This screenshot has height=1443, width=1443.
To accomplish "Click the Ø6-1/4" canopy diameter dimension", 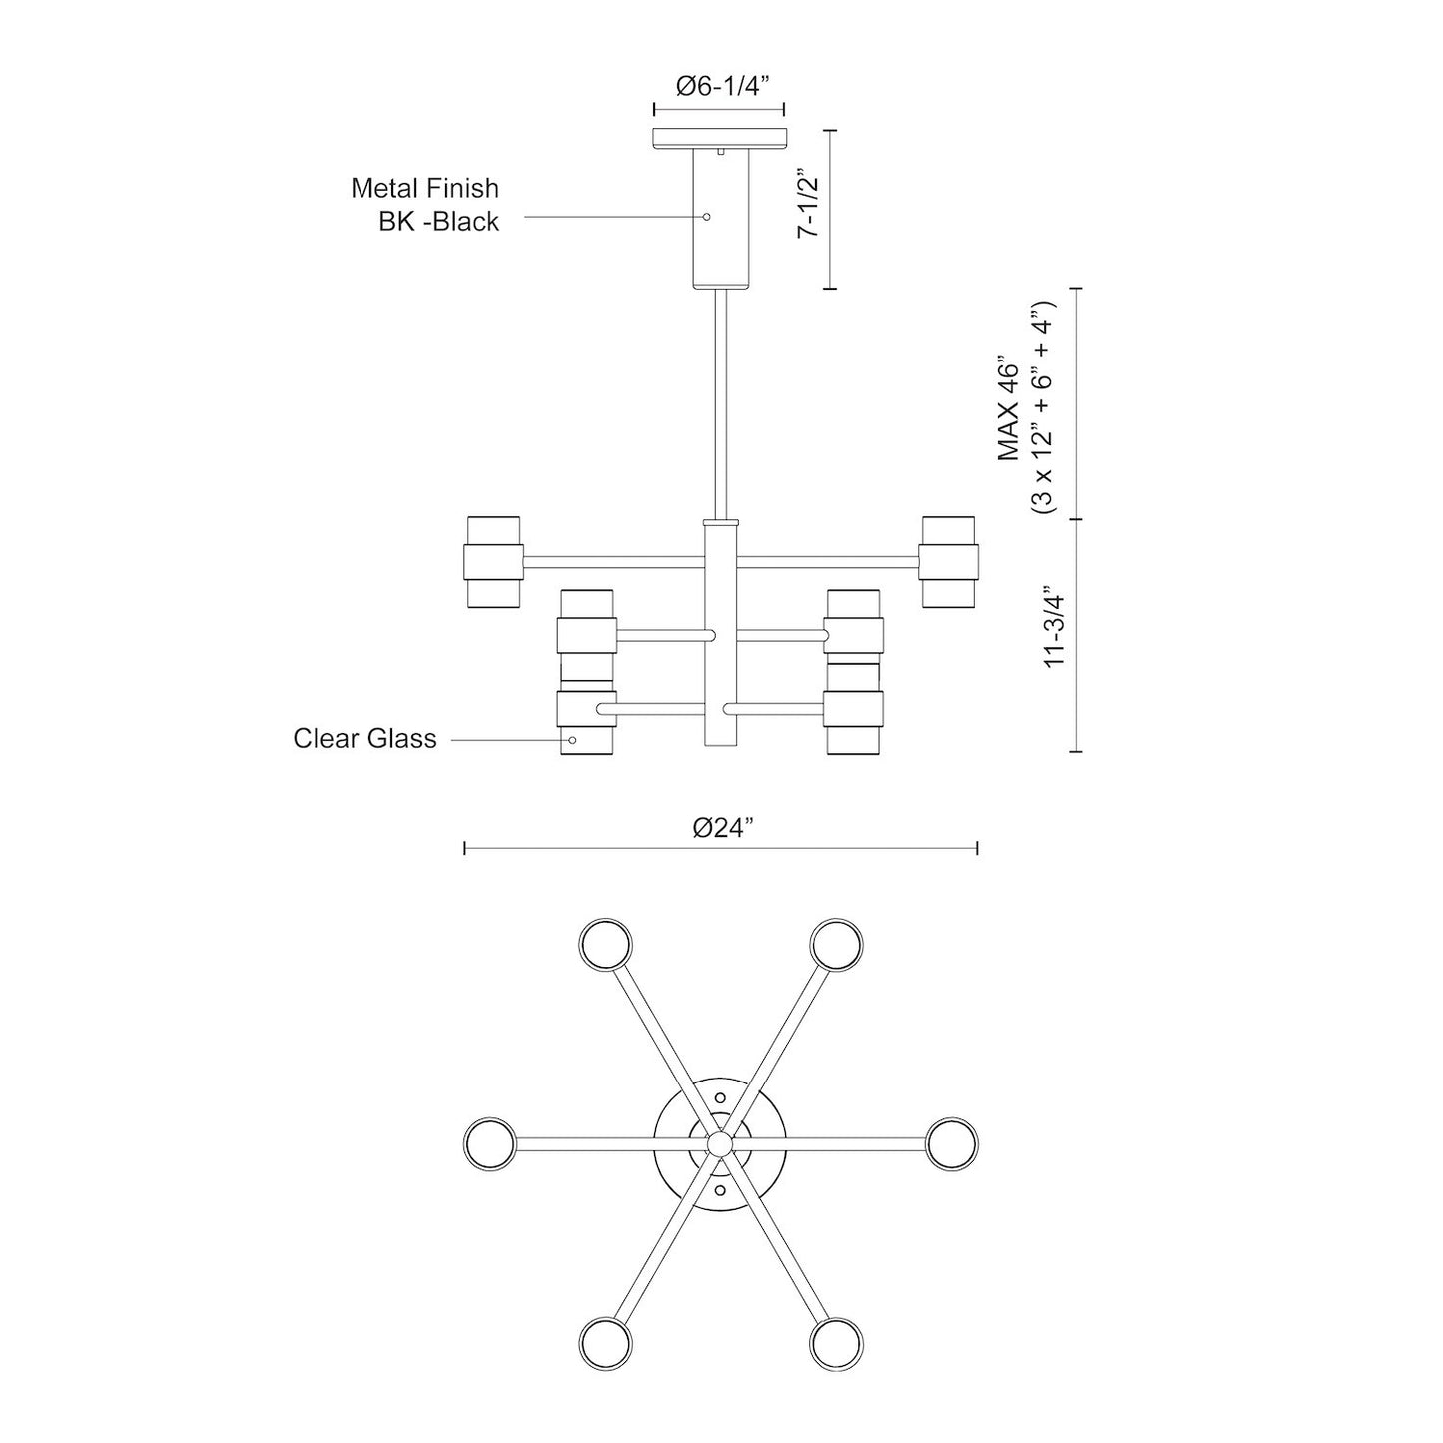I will (719, 86).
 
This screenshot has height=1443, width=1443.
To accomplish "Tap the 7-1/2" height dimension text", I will (807, 206).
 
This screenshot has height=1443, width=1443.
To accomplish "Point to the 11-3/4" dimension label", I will (1055, 632).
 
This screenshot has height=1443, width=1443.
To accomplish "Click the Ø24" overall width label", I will (721, 828).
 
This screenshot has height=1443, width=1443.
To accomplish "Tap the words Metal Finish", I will (424, 188).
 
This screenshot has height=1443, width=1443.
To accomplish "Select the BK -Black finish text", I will (438, 222).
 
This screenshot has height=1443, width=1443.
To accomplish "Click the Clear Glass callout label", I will (364, 739).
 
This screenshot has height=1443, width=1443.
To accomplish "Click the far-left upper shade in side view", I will (493, 561).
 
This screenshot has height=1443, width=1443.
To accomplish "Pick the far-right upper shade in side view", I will (949, 561).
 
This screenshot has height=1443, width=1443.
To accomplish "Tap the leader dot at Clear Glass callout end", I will (572, 740).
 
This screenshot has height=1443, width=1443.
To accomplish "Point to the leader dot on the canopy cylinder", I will (706, 217).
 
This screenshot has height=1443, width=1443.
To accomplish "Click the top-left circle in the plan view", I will (605, 943).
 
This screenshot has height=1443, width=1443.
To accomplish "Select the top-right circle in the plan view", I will (836, 943).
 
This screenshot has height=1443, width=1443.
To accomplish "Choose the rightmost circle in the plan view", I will (951, 1141).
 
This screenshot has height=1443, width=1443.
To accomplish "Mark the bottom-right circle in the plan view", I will (836, 1341).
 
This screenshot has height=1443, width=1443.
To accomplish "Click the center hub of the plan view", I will (720, 1142).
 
